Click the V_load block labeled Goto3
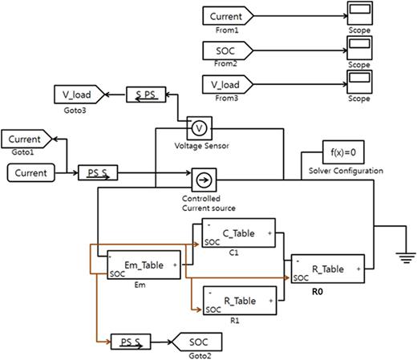(78, 95)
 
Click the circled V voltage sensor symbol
(196, 127)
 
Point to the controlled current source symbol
(201, 178)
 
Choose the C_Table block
(237, 233)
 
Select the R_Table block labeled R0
(326, 269)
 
